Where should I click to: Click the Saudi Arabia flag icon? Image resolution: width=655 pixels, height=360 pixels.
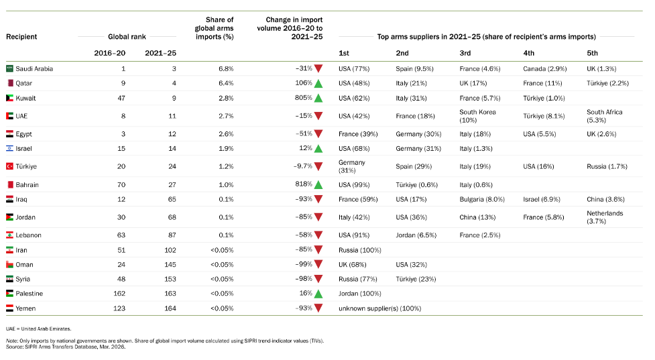pyautogui.click(x=9, y=68)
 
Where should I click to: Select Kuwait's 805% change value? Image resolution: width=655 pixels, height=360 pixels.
pyautogui.click(x=304, y=98)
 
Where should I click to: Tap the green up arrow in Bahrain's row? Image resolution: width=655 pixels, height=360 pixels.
pyautogui.click(x=318, y=184)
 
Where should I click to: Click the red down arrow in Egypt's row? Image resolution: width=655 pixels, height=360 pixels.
pyautogui.click(x=318, y=134)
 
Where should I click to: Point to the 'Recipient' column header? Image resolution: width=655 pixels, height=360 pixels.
pyautogui.click(x=21, y=37)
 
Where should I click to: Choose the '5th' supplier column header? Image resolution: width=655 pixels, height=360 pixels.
pyautogui.click(x=593, y=53)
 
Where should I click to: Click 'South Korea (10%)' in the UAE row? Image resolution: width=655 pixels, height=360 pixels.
pyautogui.click(x=477, y=116)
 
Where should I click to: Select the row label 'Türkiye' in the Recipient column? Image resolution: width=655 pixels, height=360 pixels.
pyautogui.click(x=26, y=166)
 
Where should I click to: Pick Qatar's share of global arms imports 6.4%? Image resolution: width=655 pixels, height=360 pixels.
pyautogui.click(x=226, y=83)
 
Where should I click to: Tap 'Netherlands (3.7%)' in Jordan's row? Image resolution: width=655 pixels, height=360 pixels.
pyautogui.click(x=605, y=217)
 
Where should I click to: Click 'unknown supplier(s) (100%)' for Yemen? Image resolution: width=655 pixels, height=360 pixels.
pyautogui.click(x=379, y=308)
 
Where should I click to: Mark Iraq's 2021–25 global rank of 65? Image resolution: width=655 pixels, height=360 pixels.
pyautogui.click(x=172, y=199)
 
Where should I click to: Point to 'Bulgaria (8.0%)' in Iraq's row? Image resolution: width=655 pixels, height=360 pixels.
pyautogui.click(x=482, y=199)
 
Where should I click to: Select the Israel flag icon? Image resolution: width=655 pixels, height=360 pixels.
pyautogui.click(x=9, y=148)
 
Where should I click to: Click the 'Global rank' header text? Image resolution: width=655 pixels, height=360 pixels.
pyautogui.click(x=127, y=37)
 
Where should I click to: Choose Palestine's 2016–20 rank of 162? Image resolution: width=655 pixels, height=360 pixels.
pyautogui.click(x=119, y=293)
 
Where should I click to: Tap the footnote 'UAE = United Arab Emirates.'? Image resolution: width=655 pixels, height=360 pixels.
pyautogui.click(x=38, y=328)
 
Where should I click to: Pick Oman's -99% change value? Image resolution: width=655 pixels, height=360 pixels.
pyautogui.click(x=304, y=264)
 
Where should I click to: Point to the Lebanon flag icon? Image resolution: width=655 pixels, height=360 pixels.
pyautogui.click(x=9, y=235)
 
